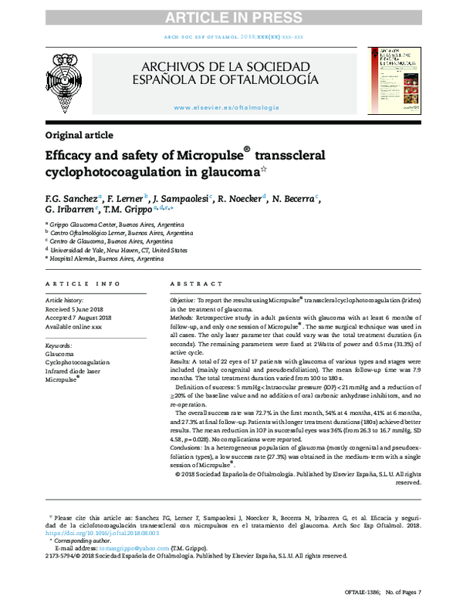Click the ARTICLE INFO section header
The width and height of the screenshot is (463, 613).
coord(83,284)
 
